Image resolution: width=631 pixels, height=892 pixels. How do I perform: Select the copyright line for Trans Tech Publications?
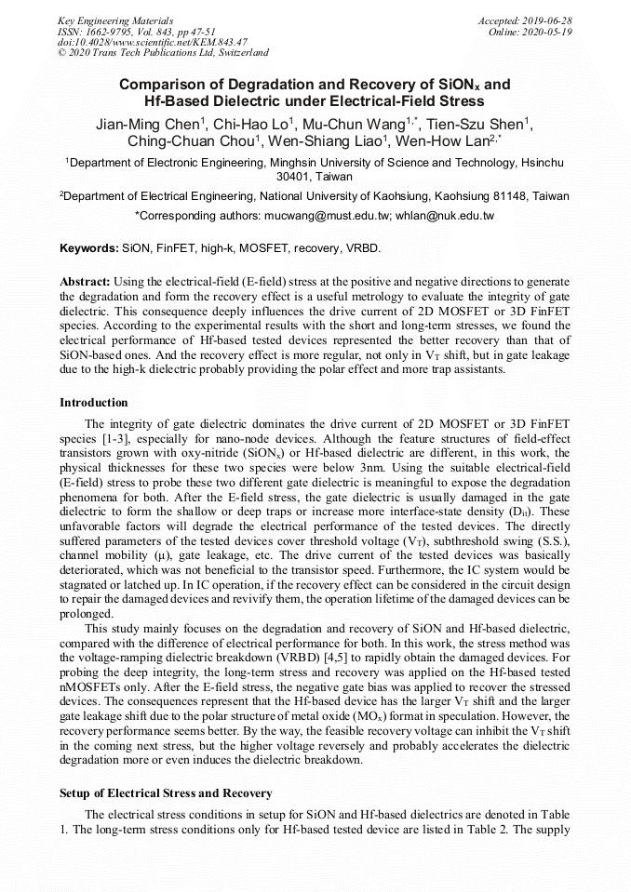pos(163,53)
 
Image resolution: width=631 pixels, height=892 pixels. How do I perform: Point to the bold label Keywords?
pos(89,249)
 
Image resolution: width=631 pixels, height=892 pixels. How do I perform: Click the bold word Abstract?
pos(85,281)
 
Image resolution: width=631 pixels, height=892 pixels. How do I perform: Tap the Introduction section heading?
pos(93,403)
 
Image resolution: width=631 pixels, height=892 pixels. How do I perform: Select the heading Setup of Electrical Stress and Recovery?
pos(166,792)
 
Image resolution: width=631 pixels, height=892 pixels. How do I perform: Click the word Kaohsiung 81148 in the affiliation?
pos(478,196)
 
